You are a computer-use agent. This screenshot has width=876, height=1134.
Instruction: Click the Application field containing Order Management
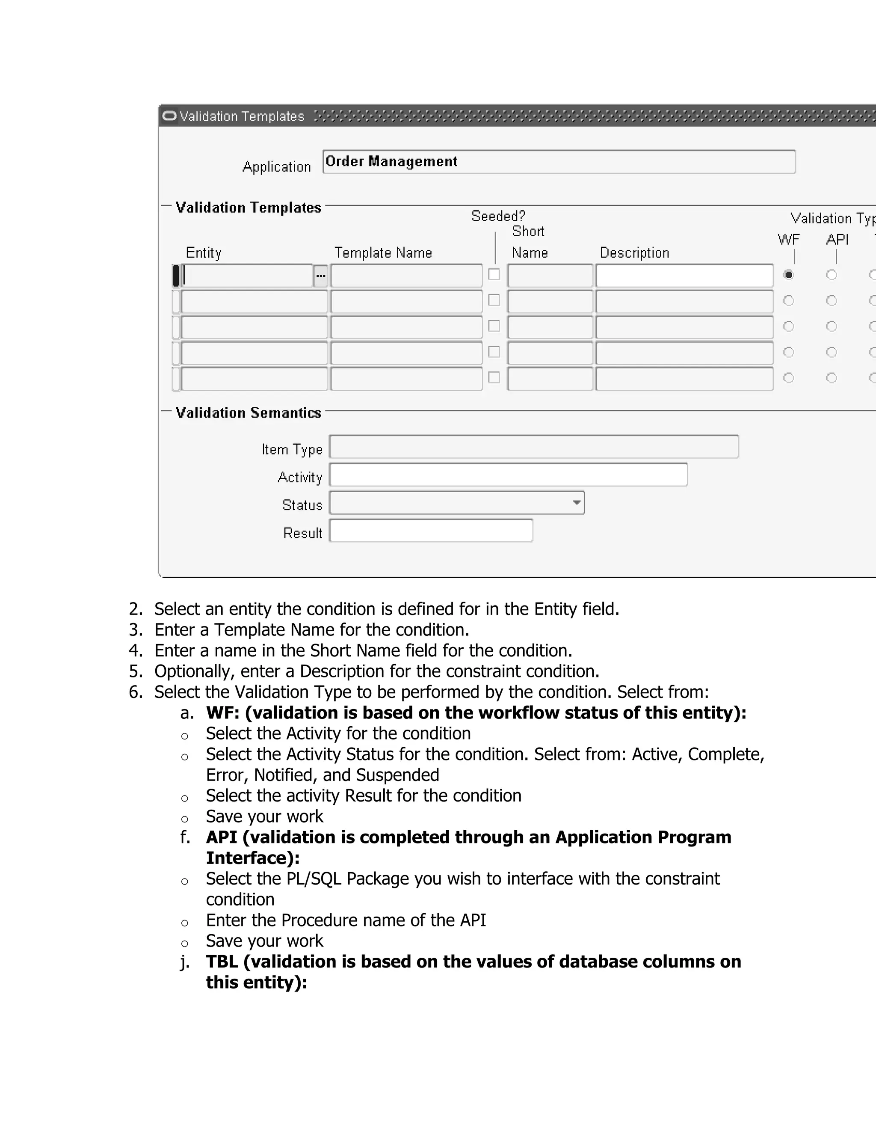[x=558, y=161]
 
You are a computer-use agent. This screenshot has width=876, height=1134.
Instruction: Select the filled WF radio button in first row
[x=788, y=275]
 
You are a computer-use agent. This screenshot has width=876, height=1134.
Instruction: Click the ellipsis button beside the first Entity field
[x=321, y=276]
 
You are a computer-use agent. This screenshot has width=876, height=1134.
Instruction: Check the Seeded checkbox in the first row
[x=494, y=274]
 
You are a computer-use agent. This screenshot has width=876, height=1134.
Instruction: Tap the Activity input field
[x=508, y=475]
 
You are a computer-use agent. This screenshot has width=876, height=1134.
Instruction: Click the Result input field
[x=431, y=531]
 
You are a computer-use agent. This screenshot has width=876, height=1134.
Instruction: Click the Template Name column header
[x=383, y=253]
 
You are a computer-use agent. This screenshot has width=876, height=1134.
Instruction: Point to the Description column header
[x=634, y=253]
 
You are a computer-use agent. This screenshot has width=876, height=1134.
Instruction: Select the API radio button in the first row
[x=832, y=275]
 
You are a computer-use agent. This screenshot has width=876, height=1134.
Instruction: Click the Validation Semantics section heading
[x=248, y=413]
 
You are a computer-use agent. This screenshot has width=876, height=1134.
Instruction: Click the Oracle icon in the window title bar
[x=169, y=116]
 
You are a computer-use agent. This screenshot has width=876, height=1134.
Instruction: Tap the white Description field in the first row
[x=684, y=276]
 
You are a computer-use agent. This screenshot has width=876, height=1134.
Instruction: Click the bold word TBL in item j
[x=222, y=962]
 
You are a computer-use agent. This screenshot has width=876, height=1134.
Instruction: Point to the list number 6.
[x=135, y=692]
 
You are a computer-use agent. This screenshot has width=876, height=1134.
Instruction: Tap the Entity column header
[x=204, y=253]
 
